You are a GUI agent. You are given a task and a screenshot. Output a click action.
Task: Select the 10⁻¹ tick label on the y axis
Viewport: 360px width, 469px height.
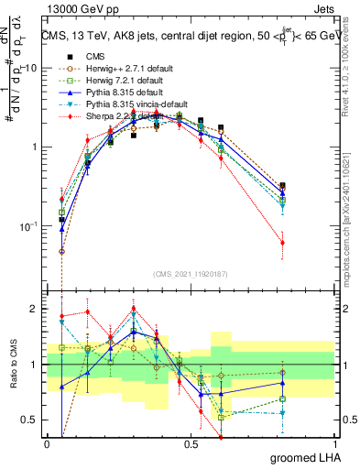27,226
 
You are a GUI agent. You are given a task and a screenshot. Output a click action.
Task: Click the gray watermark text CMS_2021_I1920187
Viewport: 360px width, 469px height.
191,273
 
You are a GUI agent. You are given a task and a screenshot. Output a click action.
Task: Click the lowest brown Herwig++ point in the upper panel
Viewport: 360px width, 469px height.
62,251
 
